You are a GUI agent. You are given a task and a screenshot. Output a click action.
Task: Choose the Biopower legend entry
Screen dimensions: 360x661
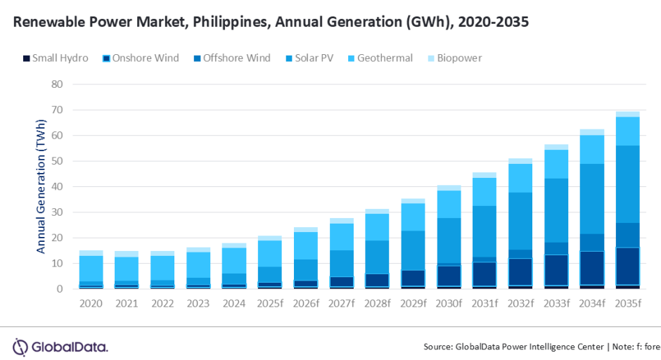[x=458, y=58]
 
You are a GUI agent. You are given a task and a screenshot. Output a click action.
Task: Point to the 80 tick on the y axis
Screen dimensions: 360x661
[x=57, y=84]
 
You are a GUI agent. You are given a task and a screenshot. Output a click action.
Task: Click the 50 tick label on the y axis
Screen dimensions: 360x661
[x=57, y=161]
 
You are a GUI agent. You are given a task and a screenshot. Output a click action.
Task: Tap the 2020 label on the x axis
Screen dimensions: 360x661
[x=91, y=304]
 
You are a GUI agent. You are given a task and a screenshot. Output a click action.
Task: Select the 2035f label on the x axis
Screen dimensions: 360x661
[x=628, y=304]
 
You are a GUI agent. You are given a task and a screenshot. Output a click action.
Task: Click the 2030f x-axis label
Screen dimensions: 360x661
[x=449, y=304]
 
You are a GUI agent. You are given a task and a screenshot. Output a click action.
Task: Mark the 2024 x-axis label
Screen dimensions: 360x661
[x=234, y=304]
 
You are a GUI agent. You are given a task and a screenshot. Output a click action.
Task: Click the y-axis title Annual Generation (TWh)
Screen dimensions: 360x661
[x=41, y=186]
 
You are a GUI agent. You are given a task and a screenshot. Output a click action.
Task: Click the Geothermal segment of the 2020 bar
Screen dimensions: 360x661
[x=91, y=268]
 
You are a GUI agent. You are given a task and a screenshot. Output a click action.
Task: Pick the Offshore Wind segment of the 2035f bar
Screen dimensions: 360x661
[x=628, y=235]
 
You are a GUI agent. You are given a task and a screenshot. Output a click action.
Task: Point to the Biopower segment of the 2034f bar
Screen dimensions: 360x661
[x=592, y=132]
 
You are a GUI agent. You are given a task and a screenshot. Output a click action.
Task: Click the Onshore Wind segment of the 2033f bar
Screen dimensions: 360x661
[x=556, y=270]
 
